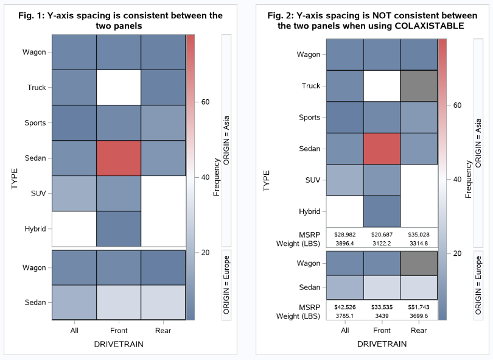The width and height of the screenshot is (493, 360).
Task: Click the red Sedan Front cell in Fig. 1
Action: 118,158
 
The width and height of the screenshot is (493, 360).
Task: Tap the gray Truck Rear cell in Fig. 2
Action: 419,86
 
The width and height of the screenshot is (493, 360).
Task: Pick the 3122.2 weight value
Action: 382,243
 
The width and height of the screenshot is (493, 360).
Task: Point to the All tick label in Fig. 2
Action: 345,331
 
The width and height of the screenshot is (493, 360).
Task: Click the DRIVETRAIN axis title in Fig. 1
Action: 118,345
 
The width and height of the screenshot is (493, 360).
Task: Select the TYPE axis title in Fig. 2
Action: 267,181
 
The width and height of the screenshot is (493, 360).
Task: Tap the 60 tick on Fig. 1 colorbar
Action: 206,102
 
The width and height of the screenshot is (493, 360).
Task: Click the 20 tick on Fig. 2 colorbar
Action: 458,253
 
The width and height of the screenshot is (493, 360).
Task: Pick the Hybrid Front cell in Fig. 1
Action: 118,229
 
